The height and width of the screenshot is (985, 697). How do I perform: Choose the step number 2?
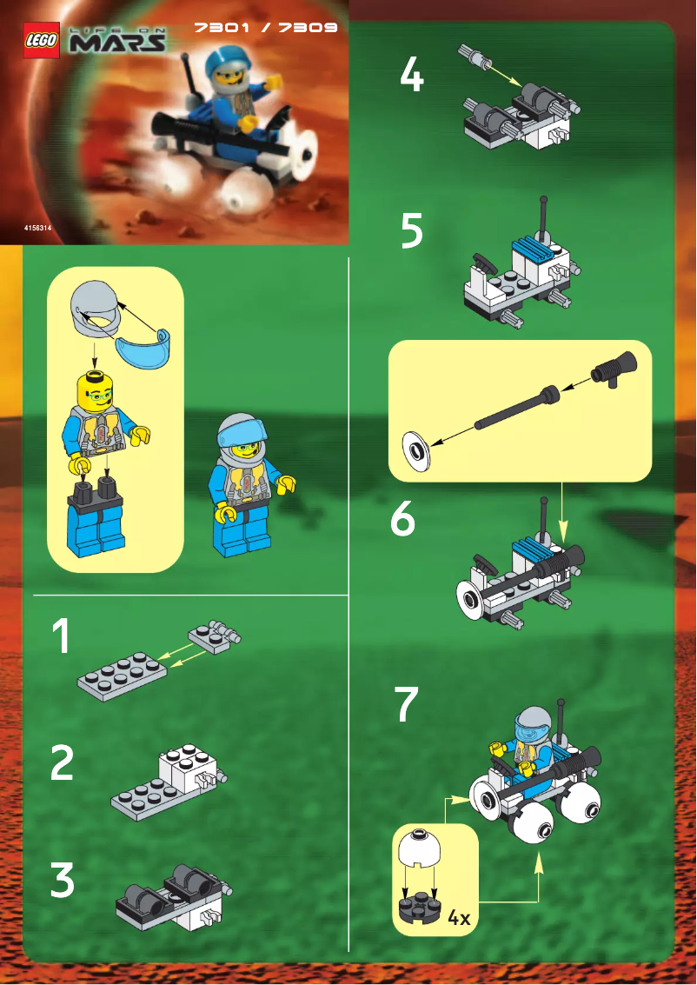pos(61,762)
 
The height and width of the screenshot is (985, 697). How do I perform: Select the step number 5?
pos(412,230)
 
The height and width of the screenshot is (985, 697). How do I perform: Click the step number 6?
pos(402,520)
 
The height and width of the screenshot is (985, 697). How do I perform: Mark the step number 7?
pos(406,705)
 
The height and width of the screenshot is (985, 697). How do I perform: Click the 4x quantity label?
pos(458,917)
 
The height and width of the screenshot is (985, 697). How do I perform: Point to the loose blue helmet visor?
pos(143,350)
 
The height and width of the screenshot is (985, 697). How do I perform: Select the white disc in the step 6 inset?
pos(418,450)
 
